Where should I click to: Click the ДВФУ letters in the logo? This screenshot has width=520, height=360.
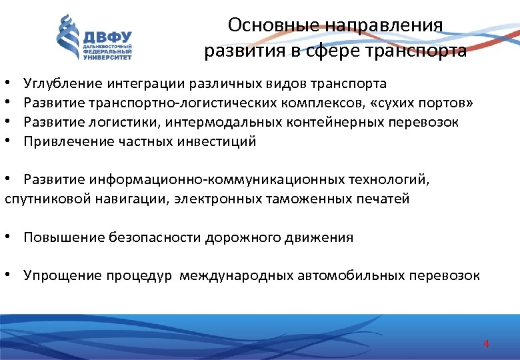tap(106, 37)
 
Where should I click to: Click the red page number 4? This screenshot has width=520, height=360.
tap(486, 344)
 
